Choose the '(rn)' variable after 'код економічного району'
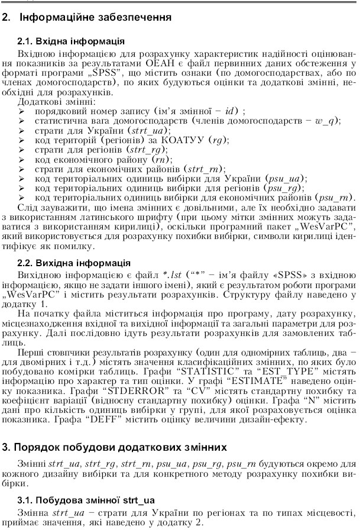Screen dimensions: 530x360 tap(161, 159)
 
